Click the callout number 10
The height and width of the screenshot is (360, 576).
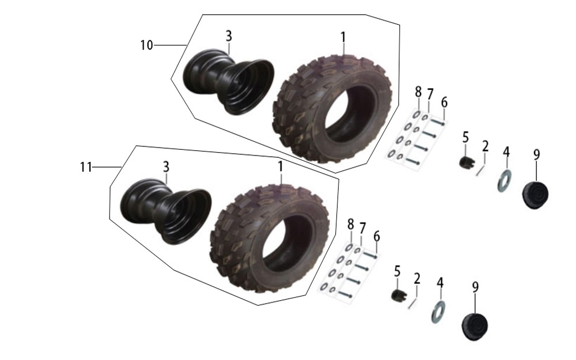click(x=146, y=45)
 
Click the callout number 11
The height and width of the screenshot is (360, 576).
click(x=86, y=167)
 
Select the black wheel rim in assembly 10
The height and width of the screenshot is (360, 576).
click(x=229, y=82)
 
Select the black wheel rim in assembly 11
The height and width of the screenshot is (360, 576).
click(x=166, y=211)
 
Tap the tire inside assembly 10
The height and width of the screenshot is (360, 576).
click(x=332, y=108)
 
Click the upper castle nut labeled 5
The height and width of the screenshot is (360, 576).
click(x=467, y=162)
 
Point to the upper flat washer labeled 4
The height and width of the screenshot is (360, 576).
click(x=505, y=181)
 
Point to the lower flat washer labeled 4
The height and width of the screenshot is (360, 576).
click(x=438, y=312)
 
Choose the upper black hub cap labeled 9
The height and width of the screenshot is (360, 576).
click(x=536, y=195)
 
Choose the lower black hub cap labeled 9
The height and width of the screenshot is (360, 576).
click(x=475, y=327)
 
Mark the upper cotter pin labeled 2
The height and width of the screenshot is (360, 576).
click(x=481, y=170)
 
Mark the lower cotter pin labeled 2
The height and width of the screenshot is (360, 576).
click(x=413, y=303)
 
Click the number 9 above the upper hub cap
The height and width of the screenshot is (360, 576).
click(x=537, y=154)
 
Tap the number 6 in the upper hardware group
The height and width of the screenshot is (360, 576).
click(x=445, y=103)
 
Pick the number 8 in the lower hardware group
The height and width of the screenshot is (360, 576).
click(x=351, y=223)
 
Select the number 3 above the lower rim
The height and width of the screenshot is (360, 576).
click(x=166, y=167)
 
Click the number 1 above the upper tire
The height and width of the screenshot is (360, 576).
click(x=343, y=37)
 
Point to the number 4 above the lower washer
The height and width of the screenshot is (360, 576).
click(x=440, y=283)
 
